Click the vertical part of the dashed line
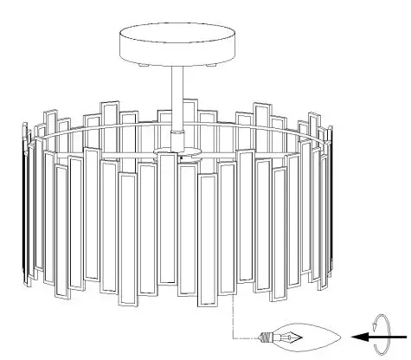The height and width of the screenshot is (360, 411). [233, 320]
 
